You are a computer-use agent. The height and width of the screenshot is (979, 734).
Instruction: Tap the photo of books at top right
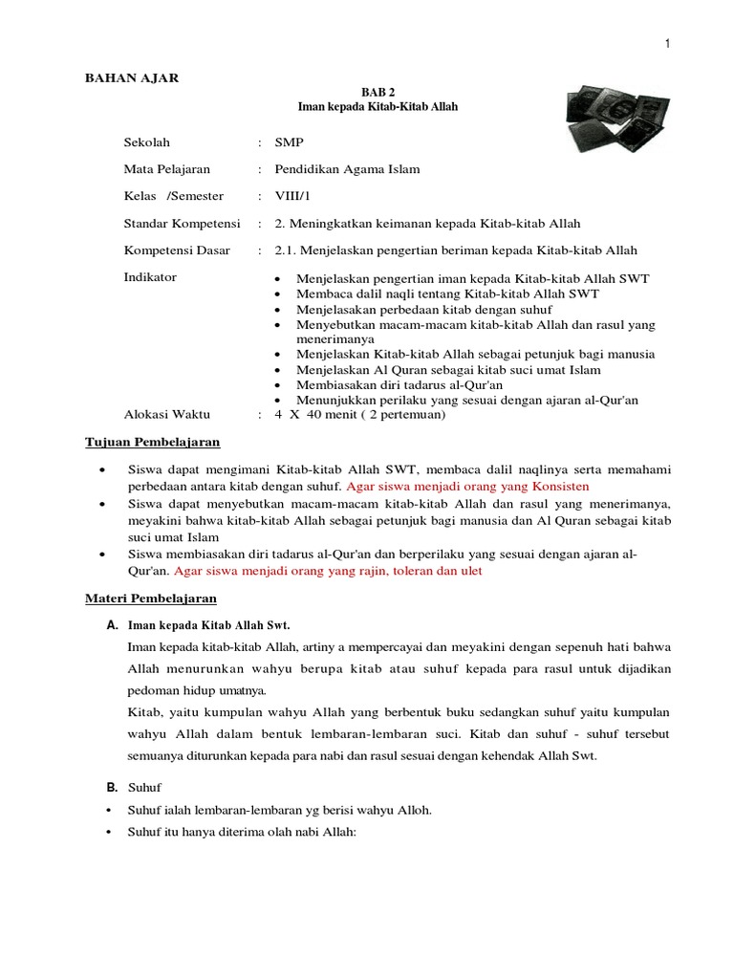(608, 116)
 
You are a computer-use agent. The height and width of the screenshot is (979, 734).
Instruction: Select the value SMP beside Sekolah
(288, 142)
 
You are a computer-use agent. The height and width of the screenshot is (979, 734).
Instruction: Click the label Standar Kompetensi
(182, 223)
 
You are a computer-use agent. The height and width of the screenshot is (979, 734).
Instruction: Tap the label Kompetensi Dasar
(174, 250)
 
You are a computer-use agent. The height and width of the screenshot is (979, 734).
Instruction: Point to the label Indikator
(150, 277)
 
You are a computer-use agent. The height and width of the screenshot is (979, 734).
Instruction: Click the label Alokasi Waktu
(167, 415)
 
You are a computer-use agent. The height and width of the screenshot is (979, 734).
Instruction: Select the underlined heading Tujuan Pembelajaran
(148, 443)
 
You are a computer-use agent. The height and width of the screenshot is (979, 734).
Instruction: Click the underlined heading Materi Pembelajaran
(146, 598)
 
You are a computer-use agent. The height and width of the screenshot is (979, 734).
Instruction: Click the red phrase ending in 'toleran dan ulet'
(328, 571)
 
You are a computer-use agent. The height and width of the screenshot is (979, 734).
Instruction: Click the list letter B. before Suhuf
(111, 788)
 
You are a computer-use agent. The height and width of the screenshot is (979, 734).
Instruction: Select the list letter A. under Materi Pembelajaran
(111, 625)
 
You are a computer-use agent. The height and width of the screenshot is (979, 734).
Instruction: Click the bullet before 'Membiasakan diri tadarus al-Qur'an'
(276, 384)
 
